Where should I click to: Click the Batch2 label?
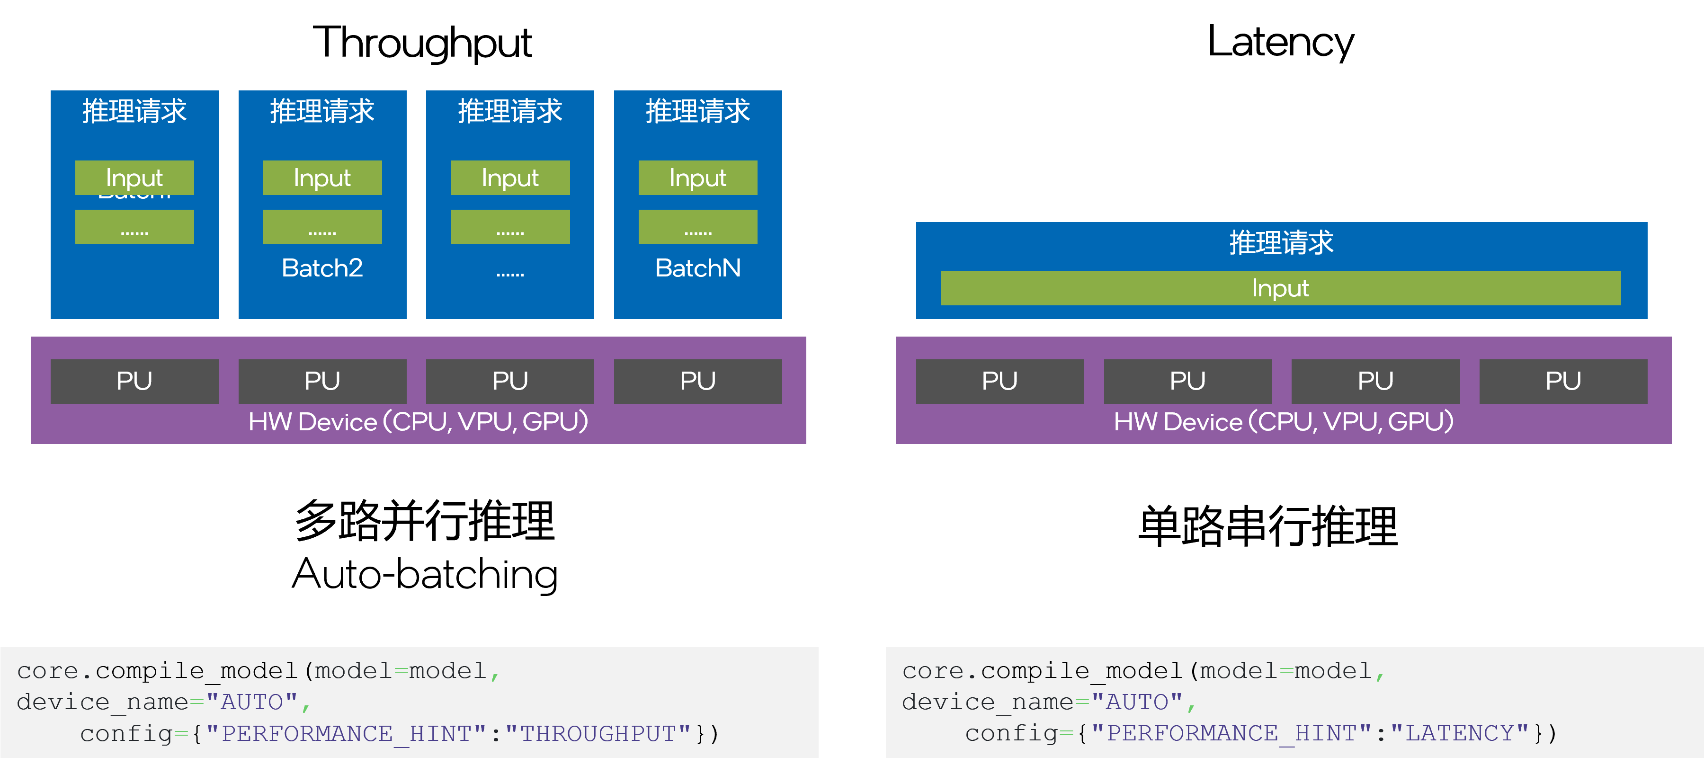tap(322, 268)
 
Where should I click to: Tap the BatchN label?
tap(697, 268)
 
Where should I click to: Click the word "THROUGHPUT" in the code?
tap(598, 733)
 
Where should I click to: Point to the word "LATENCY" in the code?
tap(1459, 733)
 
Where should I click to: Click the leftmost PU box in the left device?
tap(134, 381)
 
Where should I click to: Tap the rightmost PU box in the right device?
tap(1562, 381)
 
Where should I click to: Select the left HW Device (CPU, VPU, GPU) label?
tap(418, 422)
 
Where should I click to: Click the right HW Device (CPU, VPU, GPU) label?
tap(1283, 422)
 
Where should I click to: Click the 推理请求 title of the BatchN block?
tap(697, 110)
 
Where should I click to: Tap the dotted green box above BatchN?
tap(697, 227)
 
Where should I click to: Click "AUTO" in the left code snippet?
tap(252, 702)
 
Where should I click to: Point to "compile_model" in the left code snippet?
tap(196, 671)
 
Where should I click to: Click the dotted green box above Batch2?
tap(322, 227)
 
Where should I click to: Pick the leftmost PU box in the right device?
tap(999, 381)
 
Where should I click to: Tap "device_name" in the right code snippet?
tap(987, 702)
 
